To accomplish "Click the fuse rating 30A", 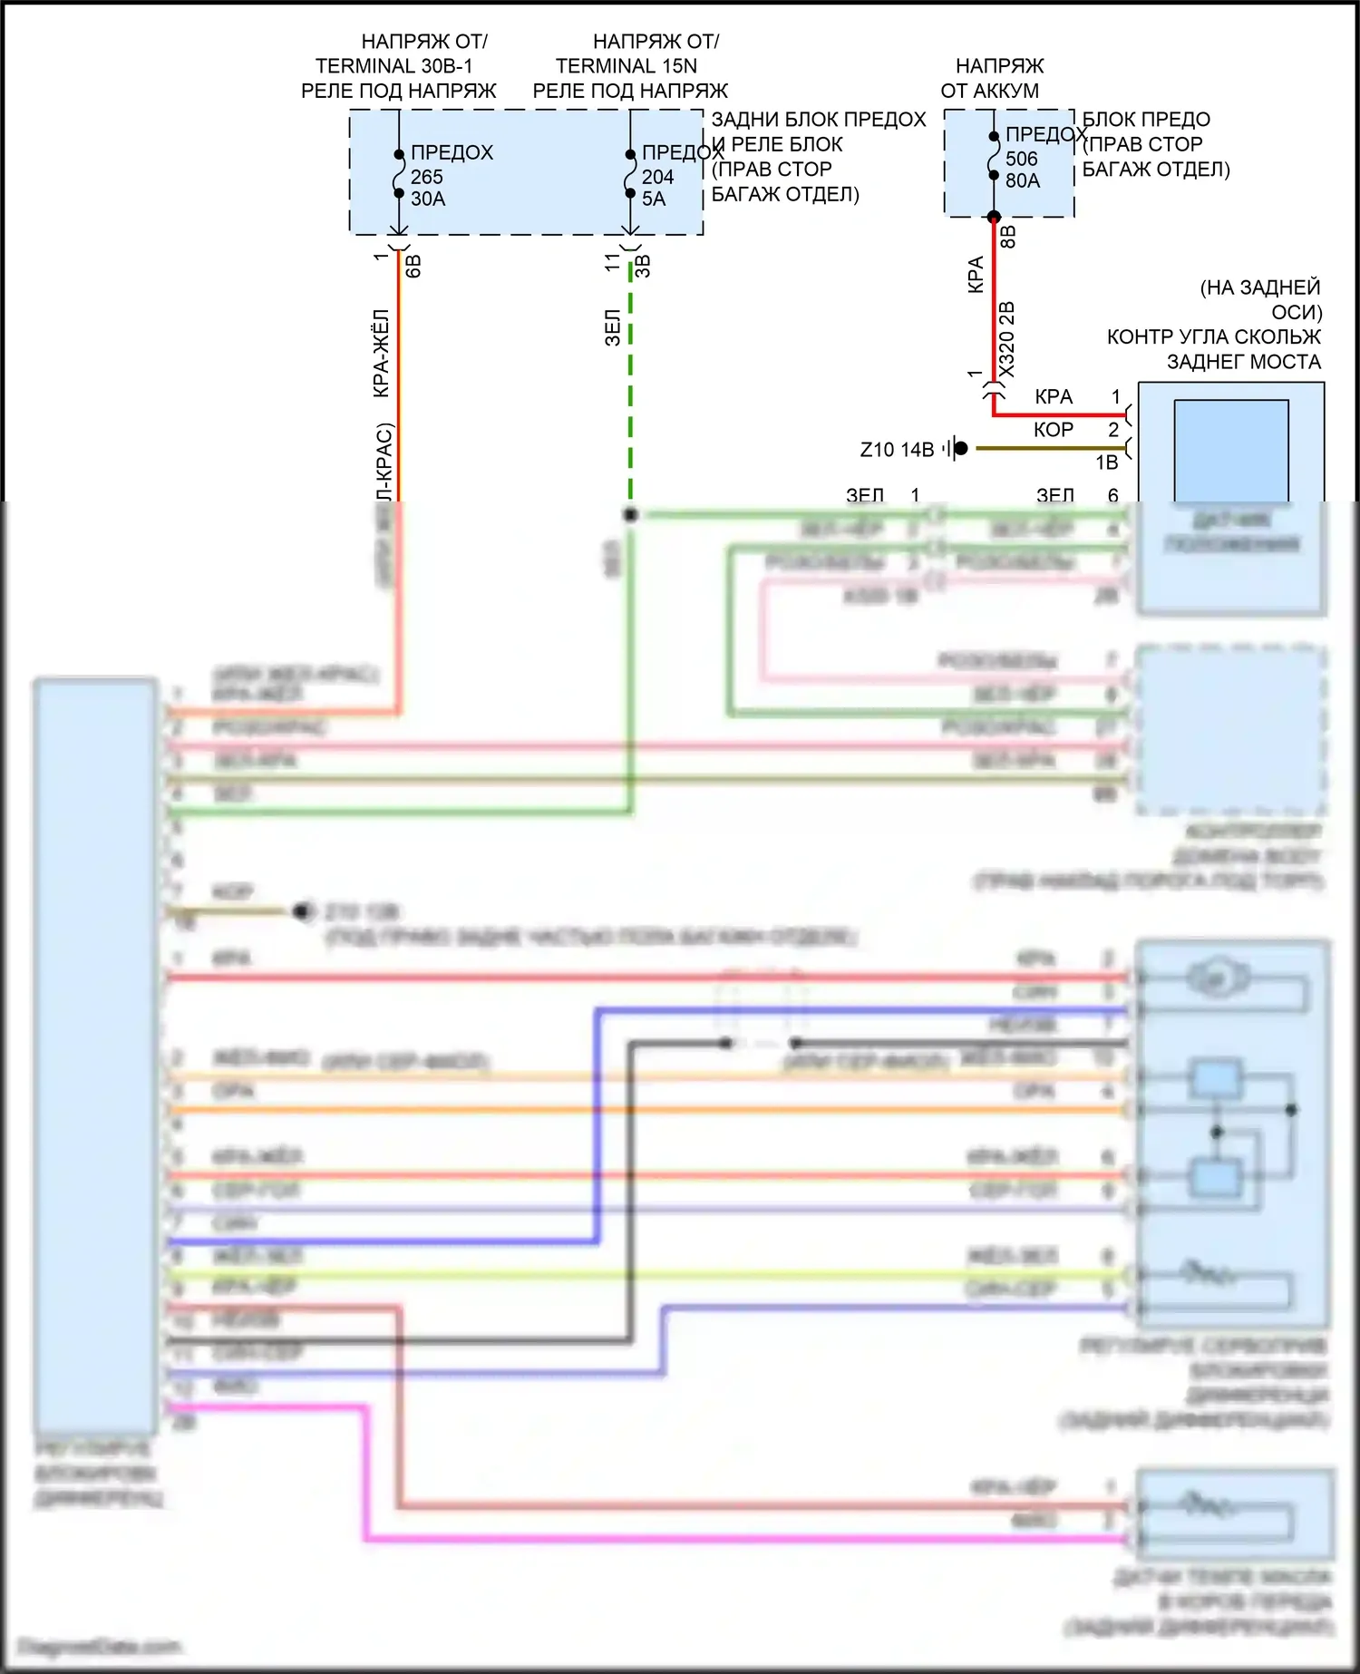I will click(x=428, y=200).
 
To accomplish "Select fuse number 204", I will click(x=657, y=177).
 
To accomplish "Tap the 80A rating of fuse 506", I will click(x=1023, y=180).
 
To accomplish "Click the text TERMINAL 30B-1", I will click(x=393, y=66).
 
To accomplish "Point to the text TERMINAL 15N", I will click(x=626, y=66).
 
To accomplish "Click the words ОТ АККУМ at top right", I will click(x=989, y=91).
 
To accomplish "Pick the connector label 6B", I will click(x=413, y=266).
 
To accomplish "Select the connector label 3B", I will click(x=643, y=266).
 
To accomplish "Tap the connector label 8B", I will click(x=1007, y=237).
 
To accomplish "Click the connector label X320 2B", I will click(x=1006, y=340).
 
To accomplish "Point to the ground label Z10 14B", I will click(x=896, y=450).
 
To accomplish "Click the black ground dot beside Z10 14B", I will click(x=961, y=448).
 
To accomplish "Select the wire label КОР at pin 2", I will click(x=1053, y=430).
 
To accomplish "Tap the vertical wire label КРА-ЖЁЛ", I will click(x=382, y=353).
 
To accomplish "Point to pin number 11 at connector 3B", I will click(x=613, y=262).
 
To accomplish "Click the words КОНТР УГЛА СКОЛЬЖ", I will click(x=1213, y=337).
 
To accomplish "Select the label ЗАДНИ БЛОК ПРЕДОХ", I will click(x=818, y=120).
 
